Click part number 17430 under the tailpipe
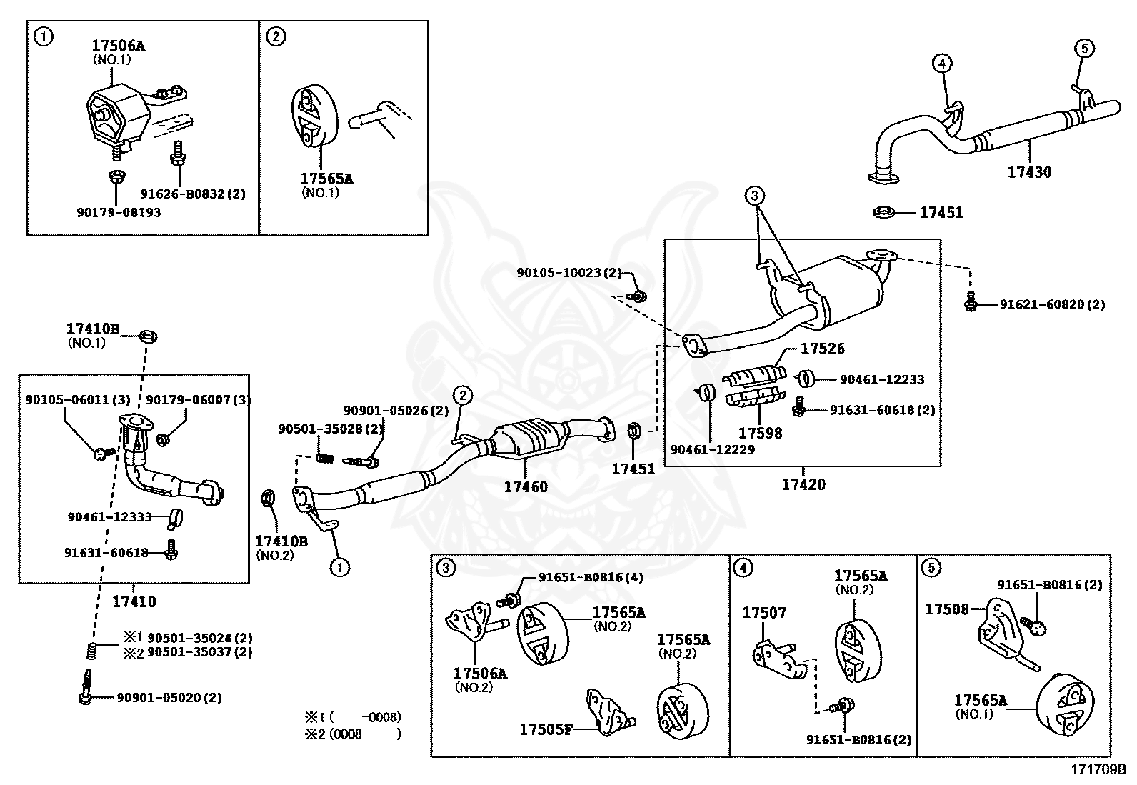[x=1029, y=172]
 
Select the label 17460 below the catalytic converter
[x=526, y=486]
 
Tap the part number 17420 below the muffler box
[x=803, y=484]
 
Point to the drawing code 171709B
[x=1097, y=770]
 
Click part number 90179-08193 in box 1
[x=118, y=212]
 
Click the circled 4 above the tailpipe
[x=941, y=64]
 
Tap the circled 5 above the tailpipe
[x=1083, y=48]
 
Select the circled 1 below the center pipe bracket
[x=339, y=568]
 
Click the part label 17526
[x=822, y=349]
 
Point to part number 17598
[x=760, y=433]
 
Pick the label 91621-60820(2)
[x=1051, y=304]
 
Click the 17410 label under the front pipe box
[x=134, y=601]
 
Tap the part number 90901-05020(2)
[x=169, y=697]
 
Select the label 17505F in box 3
[x=546, y=729]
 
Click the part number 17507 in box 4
[x=763, y=613]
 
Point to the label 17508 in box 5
[x=946, y=609]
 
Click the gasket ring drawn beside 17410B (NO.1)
[x=149, y=336]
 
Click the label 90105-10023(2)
[x=569, y=272]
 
